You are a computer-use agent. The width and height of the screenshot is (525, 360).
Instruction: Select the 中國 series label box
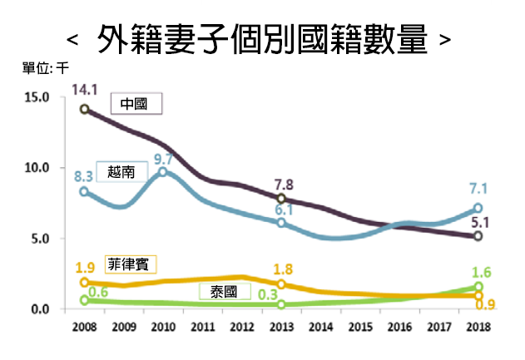[x=136, y=105]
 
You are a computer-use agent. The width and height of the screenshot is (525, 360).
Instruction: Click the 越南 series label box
[x=121, y=171]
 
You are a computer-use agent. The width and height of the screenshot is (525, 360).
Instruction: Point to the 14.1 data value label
[x=85, y=89]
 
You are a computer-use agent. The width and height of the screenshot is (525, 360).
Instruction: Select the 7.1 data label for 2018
[x=478, y=189]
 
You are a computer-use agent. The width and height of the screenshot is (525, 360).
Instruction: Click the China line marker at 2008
[x=85, y=109]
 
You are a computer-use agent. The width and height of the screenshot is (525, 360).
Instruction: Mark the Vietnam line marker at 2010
[x=163, y=172]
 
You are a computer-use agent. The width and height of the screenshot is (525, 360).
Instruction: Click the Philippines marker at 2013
[x=281, y=284]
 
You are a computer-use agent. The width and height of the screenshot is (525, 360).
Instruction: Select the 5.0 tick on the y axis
[x=39, y=239]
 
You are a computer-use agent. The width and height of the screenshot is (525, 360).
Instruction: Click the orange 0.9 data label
[x=485, y=305]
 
